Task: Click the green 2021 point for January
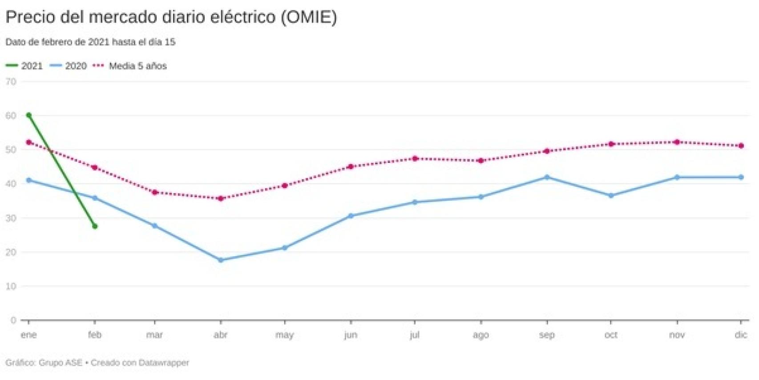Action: coord(29,115)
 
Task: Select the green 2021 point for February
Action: coord(95,226)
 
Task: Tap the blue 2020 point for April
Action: coord(221,260)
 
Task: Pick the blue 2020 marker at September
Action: coord(547,177)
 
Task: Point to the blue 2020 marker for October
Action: coord(611,195)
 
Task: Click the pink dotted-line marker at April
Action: coord(221,198)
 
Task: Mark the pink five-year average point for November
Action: coord(677,142)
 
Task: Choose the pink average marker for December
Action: coord(741,146)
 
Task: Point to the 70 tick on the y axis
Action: coord(11,81)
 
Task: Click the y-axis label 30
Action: coord(11,218)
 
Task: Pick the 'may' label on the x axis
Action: coord(285,335)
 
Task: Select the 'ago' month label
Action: coord(480,335)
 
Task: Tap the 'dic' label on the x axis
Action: coord(741,335)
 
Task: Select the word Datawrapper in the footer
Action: coord(164,363)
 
